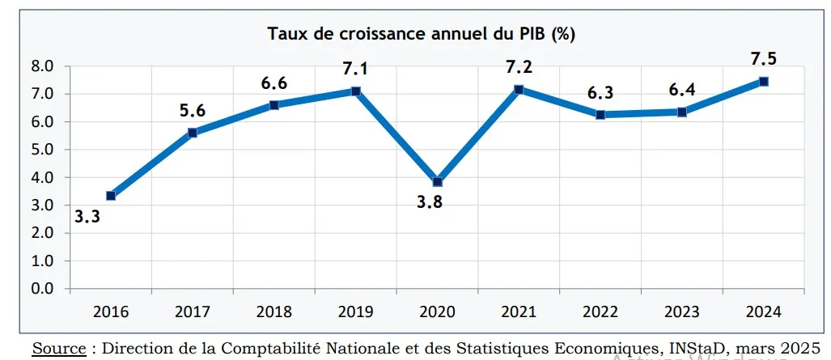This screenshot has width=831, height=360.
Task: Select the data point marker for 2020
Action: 437,182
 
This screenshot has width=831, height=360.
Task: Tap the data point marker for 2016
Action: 111,196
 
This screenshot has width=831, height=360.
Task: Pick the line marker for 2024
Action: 763,81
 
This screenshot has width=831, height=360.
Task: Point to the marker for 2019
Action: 355,91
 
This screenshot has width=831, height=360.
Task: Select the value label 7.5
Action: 762,58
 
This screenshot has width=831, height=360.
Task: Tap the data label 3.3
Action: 88,217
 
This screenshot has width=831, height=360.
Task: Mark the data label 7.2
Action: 519,67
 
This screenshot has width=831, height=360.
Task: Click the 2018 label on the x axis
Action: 273,311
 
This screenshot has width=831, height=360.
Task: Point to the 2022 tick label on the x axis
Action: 600,311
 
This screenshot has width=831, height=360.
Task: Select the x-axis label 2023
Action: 681,311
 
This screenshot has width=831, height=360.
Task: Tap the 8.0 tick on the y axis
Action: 42,66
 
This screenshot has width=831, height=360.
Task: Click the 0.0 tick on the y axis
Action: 42,289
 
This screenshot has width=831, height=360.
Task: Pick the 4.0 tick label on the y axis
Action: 42,177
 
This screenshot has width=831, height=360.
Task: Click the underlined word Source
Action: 59,348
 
